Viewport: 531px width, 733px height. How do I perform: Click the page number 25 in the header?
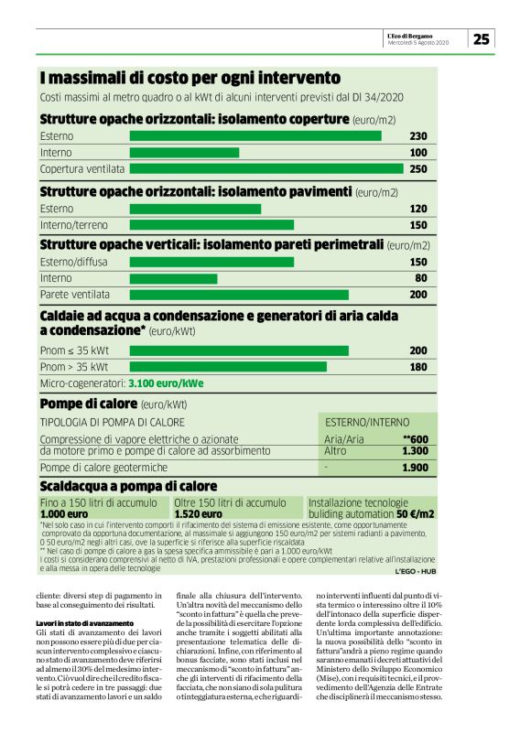[x=482, y=38]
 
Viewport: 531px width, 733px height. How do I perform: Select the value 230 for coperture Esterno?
[x=418, y=136]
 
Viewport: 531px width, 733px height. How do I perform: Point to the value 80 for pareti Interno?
[x=421, y=278]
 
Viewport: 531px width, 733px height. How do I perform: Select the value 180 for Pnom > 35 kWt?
[x=418, y=367]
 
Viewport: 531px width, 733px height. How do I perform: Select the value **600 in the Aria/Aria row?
[x=416, y=439]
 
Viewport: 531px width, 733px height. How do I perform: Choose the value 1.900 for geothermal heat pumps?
[x=416, y=468]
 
